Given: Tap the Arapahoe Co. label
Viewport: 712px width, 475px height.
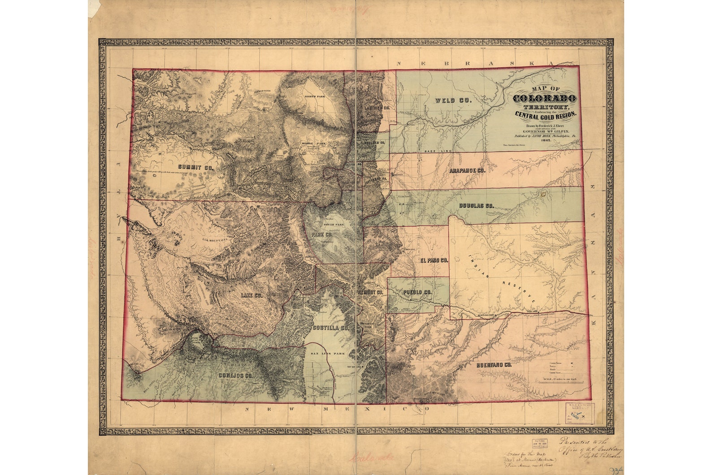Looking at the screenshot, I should [x=467, y=171].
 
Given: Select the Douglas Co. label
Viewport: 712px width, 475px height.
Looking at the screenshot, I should [x=476, y=205].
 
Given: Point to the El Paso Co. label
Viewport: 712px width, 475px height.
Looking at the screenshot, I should [x=434, y=260].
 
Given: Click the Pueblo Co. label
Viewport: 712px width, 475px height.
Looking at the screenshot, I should [x=417, y=292].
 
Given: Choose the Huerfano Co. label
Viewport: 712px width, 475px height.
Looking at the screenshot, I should [x=494, y=365].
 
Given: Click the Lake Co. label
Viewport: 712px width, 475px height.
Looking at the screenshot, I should [x=251, y=296].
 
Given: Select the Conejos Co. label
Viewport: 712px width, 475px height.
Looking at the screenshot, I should [x=236, y=376].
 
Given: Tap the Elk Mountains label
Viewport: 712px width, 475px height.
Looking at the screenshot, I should [x=215, y=240].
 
